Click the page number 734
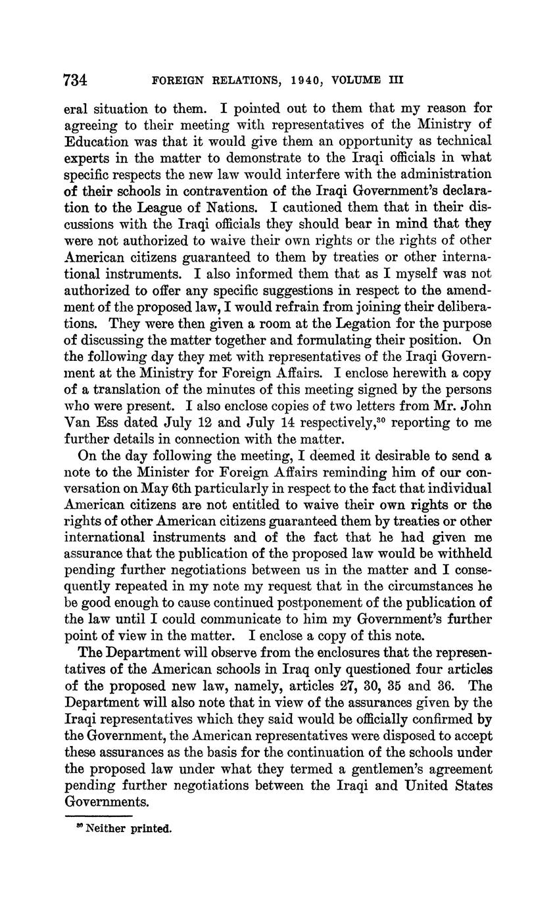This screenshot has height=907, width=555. coord(76,80)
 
